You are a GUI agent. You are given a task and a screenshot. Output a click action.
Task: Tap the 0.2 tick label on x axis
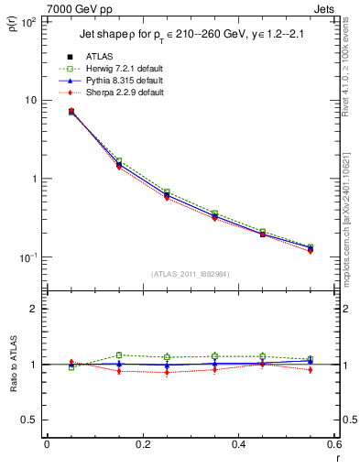point(142,445)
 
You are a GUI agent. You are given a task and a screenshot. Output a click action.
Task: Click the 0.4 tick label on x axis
point(238,445)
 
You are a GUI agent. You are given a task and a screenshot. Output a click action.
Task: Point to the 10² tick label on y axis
point(27,21)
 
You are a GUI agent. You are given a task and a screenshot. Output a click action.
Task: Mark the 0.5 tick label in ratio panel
point(29,420)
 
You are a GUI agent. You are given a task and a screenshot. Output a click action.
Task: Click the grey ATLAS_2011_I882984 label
point(190,274)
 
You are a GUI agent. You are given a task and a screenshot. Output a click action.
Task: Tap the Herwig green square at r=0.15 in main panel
point(119,160)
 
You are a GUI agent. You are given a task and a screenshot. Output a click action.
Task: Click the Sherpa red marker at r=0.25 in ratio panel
point(167,373)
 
